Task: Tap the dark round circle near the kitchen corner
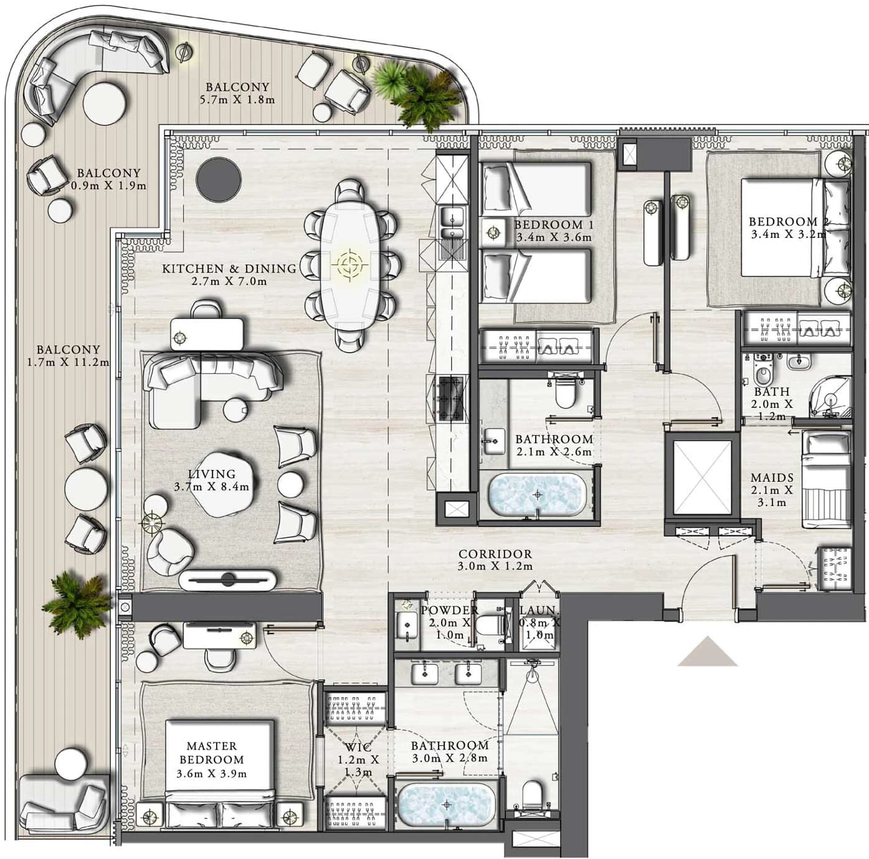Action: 219,179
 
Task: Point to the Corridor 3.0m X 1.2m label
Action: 495,560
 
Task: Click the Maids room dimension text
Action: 772,496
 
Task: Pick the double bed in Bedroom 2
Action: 795,228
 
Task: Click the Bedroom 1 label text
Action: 554,225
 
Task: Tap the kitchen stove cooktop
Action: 449,398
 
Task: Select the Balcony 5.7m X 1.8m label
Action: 237,93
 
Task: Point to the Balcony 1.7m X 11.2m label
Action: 68,355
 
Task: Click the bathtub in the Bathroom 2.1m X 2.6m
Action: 536,494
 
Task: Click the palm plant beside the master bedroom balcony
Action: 77,603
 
